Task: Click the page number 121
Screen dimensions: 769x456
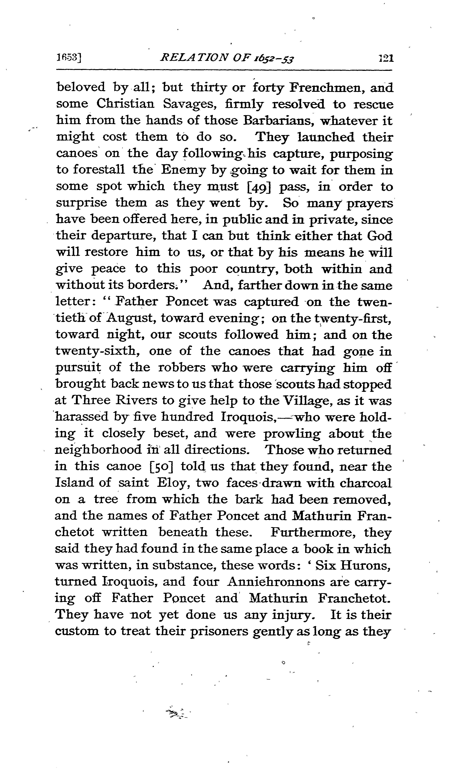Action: coord(386,58)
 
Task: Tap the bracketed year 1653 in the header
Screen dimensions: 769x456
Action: coord(69,58)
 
